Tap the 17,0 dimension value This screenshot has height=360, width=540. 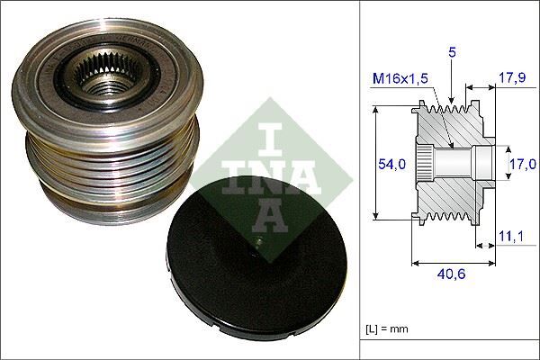coord(521,164)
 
